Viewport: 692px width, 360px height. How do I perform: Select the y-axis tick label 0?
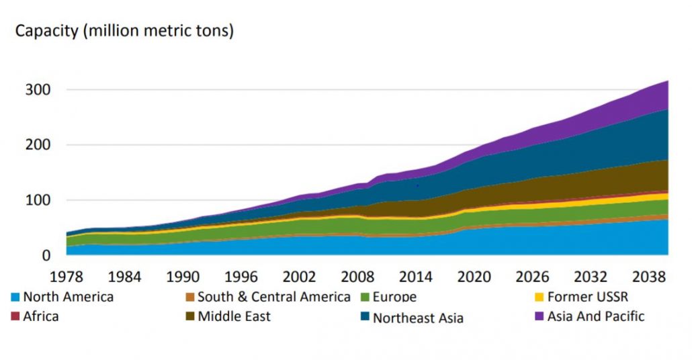tap(46, 255)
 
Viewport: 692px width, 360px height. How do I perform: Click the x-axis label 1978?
tap(67, 276)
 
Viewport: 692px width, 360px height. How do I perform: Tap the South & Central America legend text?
tap(273, 297)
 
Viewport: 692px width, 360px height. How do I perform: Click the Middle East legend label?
tap(234, 316)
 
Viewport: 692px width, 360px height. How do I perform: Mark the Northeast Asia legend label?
tap(418, 318)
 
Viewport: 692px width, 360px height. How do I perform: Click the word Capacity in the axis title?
tap(45, 31)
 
